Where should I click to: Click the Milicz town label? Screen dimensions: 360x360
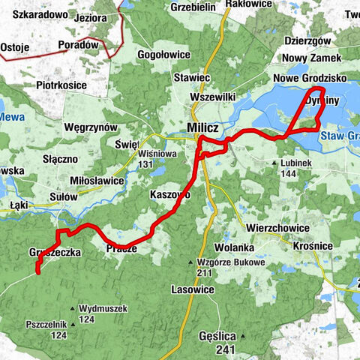click(x=202, y=128)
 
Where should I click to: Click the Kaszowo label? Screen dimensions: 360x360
click(x=170, y=194)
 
